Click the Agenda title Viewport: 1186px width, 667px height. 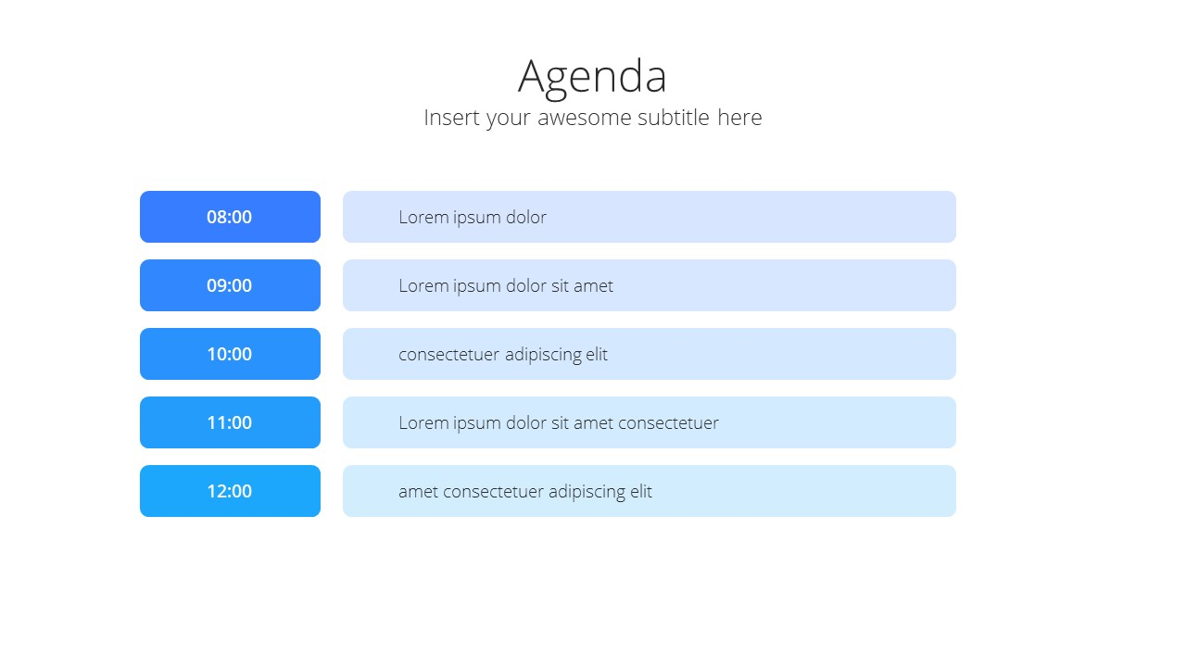point(592,77)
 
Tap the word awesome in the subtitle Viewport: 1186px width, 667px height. point(584,118)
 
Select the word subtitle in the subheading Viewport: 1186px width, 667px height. point(674,117)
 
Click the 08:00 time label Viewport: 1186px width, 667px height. point(229,217)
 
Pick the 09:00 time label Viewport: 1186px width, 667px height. point(229,286)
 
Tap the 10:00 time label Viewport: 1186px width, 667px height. point(229,354)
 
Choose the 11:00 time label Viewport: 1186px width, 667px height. point(229,423)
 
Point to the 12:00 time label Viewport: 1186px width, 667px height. point(229,491)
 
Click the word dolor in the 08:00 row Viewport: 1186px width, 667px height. point(526,217)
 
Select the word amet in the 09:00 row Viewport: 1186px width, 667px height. point(594,286)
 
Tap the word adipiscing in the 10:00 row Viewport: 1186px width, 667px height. point(543,355)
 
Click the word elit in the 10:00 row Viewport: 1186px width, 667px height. point(597,354)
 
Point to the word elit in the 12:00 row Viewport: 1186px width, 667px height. point(641,491)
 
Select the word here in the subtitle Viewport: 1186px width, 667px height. point(739,117)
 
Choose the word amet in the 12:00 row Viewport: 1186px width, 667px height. point(418,492)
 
